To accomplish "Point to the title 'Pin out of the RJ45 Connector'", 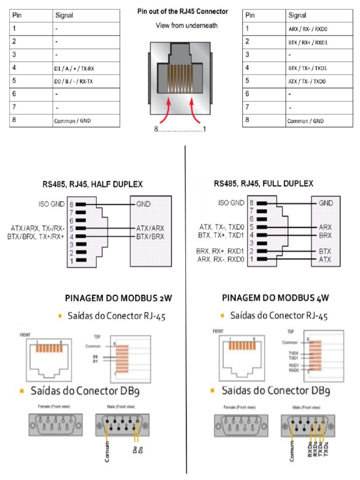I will tap(182, 11).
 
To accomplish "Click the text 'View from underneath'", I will tap(187, 25).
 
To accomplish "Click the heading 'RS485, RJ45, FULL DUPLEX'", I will tap(263, 184).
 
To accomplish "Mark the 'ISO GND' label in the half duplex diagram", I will tap(52, 204).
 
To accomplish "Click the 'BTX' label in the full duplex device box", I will tap(325, 251).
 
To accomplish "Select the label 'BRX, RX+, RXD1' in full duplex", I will tap(220, 251).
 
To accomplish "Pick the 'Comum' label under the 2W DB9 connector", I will tap(107, 451).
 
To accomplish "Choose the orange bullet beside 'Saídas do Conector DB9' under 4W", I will tap(213, 390).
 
